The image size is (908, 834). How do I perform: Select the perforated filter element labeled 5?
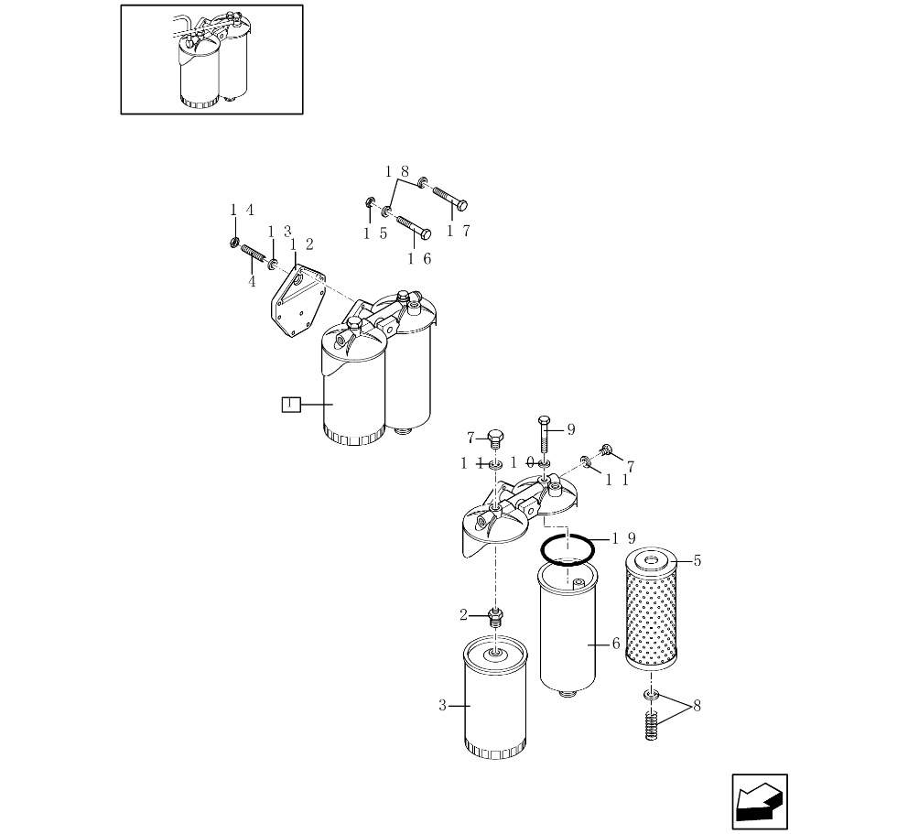(652, 610)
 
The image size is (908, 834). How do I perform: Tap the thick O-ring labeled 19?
(567, 549)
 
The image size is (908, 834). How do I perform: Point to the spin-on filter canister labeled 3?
(496, 698)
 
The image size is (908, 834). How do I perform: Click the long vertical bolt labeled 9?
(543, 434)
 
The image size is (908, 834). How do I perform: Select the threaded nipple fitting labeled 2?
(495, 617)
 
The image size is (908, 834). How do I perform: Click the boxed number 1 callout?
(291, 405)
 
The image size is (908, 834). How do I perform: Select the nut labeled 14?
(233, 242)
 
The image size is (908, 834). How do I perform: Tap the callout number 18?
(397, 171)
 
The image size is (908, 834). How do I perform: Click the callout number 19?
(624, 538)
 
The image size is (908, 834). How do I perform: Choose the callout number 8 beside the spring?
(697, 706)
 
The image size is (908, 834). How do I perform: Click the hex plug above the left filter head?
(495, 439)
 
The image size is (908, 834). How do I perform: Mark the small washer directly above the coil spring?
(652, 694)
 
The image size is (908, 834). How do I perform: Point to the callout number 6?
(616, 644)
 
